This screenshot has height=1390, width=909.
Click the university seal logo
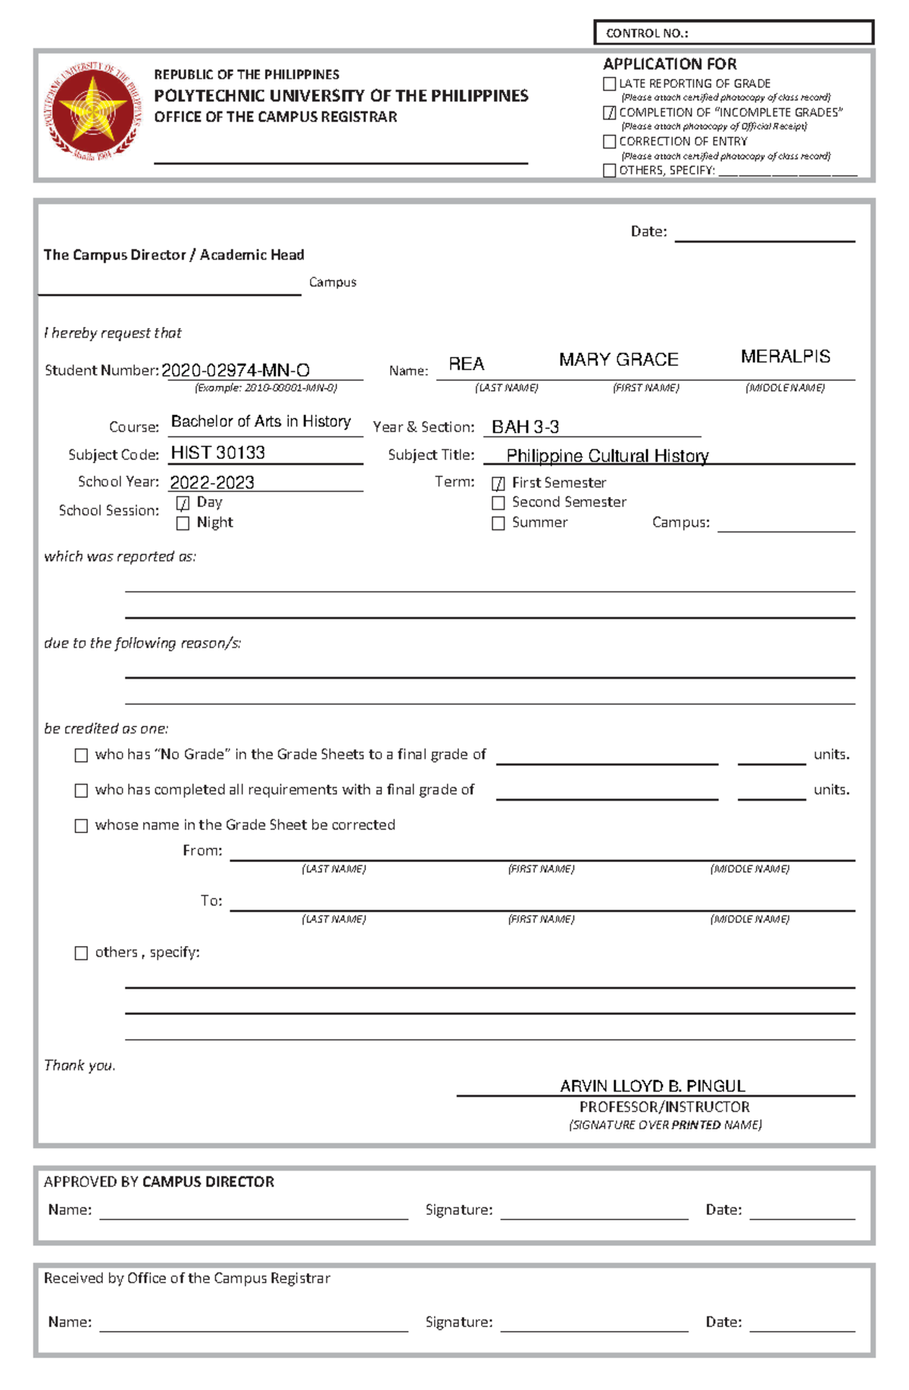tap(93, 112)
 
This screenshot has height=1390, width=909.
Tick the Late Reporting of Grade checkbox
tap(609, 84)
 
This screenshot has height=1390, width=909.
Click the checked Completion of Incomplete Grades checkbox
tap(609, 113)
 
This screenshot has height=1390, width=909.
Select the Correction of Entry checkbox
tap(609, 142)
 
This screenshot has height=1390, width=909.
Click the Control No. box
tap(733, 33)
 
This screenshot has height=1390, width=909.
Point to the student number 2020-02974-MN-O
tap(236, 370)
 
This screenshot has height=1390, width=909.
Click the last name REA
tap(466, 364)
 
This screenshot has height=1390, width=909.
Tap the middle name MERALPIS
tap(785, 357)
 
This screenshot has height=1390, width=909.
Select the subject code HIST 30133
tap(218, 453)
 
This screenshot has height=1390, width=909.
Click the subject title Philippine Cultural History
tap(608, 456)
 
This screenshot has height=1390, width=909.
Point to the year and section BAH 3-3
tap(525, 427)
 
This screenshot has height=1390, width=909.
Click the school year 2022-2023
tap(212, 483)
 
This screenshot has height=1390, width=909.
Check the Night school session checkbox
tap(183, 523)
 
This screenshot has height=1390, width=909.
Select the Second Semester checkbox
tap(498, 503)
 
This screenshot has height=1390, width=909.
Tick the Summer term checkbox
tap(498, 523)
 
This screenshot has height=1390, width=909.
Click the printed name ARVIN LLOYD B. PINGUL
tap(652, 1085)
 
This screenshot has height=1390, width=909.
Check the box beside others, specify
tap(81, 953)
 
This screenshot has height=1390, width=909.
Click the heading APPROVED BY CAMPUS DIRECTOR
tap(159, 1182)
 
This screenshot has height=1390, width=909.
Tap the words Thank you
tap(80, 1065)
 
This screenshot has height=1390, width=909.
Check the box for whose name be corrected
tap(81, 826)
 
